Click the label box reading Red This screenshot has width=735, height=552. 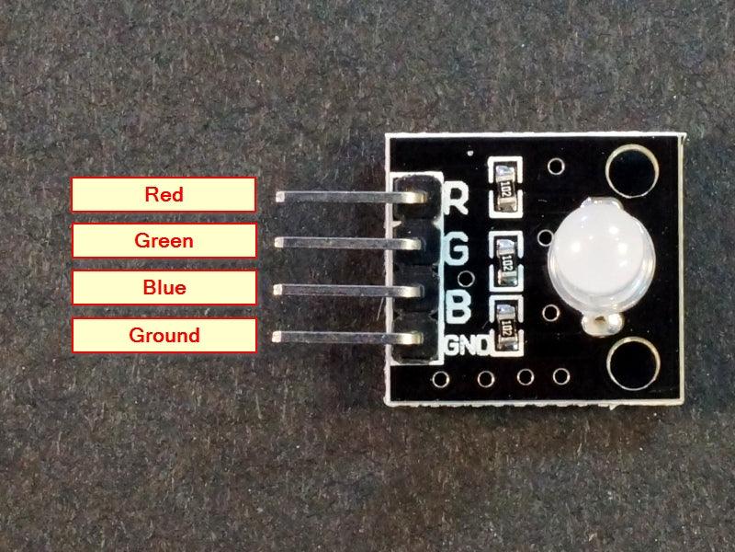[x=164, y=194]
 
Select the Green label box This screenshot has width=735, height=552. [x=164, y=241]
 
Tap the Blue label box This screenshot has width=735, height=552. [x=164, y=287]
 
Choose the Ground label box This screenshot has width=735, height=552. [x=164, y=335]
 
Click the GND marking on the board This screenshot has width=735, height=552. [x=465, y=345]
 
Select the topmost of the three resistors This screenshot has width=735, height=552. [x=505, y=182]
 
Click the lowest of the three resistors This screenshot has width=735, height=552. [x=505, y=324]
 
